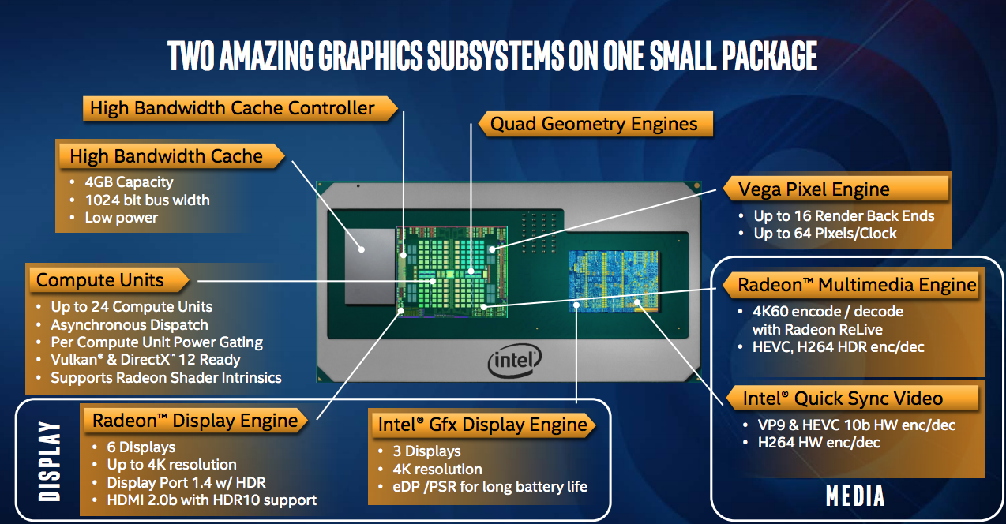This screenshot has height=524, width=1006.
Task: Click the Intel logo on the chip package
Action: point(514,362)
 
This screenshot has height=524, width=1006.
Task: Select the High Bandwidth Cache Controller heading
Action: point(232,108)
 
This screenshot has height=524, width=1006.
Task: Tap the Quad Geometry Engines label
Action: point(594,124)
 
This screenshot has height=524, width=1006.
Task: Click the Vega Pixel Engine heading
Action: point(813,189)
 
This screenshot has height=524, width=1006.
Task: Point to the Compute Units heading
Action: point(100,280)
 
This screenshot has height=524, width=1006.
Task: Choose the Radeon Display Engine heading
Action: point(195,421)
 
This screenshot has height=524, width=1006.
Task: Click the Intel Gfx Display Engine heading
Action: point(482,425)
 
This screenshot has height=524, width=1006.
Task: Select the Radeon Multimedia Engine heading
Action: point(857,284)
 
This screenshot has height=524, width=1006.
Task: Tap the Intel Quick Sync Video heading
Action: point(843,398)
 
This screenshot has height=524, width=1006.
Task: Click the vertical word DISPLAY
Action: point(49,461)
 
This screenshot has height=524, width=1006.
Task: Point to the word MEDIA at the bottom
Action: point(855,496)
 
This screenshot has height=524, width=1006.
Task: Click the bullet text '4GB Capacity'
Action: point(129,182)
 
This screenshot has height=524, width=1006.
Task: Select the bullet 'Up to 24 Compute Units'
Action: point(131,306)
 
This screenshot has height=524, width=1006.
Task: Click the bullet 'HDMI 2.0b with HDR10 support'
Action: point(212,500)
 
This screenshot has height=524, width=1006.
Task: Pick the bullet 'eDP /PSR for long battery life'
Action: point(490,486)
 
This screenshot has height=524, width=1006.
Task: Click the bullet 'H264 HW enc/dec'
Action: point(819,443)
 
